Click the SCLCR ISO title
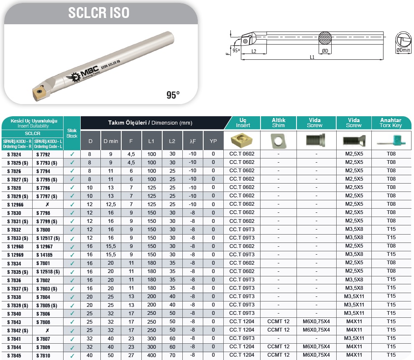pyautogui.click(x=99, y=13)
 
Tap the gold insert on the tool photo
pyautogui.click(x=39, y=93)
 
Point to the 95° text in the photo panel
pyautogui.click(x=173, y=95)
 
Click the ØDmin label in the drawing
pyautogui.click(x=403, y=50)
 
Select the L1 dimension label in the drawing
pyautogui.click(x=312, y=57)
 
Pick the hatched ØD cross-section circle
pyautogui.click(x=325, y=38)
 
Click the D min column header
pyautogui.click(x=111, y=141)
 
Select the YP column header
pyautogui.click(x=213, y=141)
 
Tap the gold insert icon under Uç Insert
pyautogui.click(x=241, y=140)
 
